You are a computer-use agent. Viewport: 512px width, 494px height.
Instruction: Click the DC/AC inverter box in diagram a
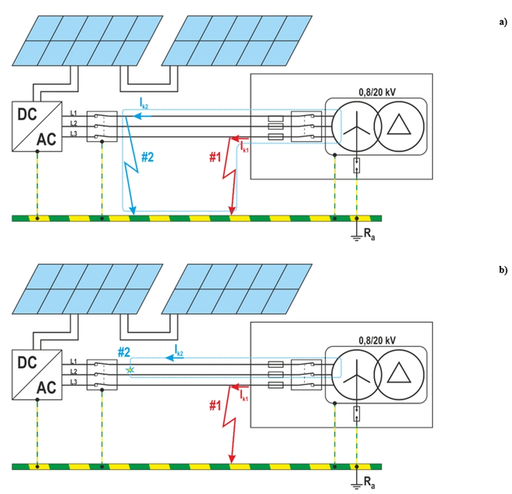(x=37, y=125)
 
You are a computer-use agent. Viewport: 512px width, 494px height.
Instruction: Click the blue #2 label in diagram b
(x=123, y=352)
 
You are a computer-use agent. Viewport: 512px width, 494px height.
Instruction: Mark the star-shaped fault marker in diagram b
(x=130, y=370)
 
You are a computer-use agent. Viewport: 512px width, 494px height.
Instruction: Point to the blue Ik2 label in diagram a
(x=144, y=104)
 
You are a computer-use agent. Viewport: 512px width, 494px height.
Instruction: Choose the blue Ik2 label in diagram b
(x=178, y=352)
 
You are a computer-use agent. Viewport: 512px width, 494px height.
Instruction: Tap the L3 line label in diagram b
(x=73, y=382)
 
